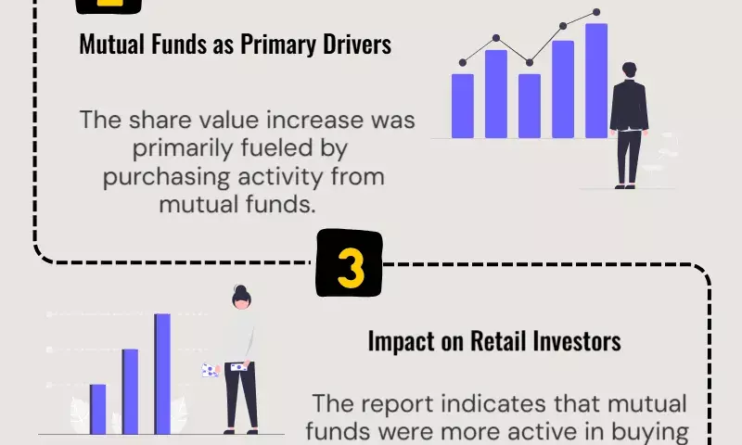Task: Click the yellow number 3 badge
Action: pyautogui.click(x=350, y=263)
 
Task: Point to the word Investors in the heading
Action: pyautogui.click(x=577, y=341)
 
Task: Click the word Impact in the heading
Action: pyautogui.click(x=402, y=342)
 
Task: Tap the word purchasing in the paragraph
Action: pyautogui.click(x=167, y=177)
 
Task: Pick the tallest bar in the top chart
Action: pyautogui.click(x=596, y=81)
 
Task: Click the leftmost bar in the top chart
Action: pyautogui.click(x=463, y=106)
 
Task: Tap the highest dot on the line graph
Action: pyautogui.click(x=596, y=12)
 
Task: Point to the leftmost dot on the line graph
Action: pyautogui.click(x=463, y=62)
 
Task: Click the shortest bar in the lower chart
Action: pyautogui.click(x=98, y=409)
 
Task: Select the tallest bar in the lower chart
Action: pyautogui.click(x=162, y=374)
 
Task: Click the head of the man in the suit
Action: pyautogui.click(x=630, y=70)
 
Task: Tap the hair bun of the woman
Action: pyautogui.click(x=240, y=288)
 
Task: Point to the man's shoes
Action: pyautogui.click(x=624, y=186)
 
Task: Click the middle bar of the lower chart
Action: pyautogui.click(x=130, y=391)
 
